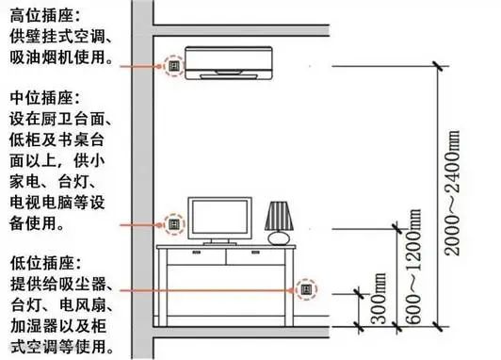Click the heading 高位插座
[41, 16]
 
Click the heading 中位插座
[41, 97]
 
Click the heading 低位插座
[41, 263]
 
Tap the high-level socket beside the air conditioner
[174, 66]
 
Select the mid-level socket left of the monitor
[174, 224]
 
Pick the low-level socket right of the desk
[306, 289]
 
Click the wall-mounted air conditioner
[229, 63]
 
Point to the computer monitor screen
[219, 219]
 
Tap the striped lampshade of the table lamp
[279, 216]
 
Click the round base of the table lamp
[279, 238]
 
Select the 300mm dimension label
[379, 299]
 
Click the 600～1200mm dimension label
[413, 267]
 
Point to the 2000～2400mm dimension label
[452, 193]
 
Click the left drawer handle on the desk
[197, 253]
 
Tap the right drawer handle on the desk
[255, 253]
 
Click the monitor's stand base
[219, 244]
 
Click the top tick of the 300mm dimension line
[359, 293]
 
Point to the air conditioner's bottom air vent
[229, 76]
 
